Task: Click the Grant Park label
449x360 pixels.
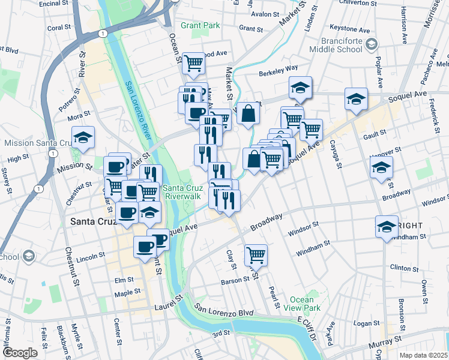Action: click(200, 26)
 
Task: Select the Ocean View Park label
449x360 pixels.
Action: click(301, 304)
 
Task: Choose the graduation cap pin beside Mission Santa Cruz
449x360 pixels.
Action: click(83, 137)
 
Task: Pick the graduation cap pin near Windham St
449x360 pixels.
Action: click(387, 227)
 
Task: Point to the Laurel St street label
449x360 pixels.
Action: click(169, 304)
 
